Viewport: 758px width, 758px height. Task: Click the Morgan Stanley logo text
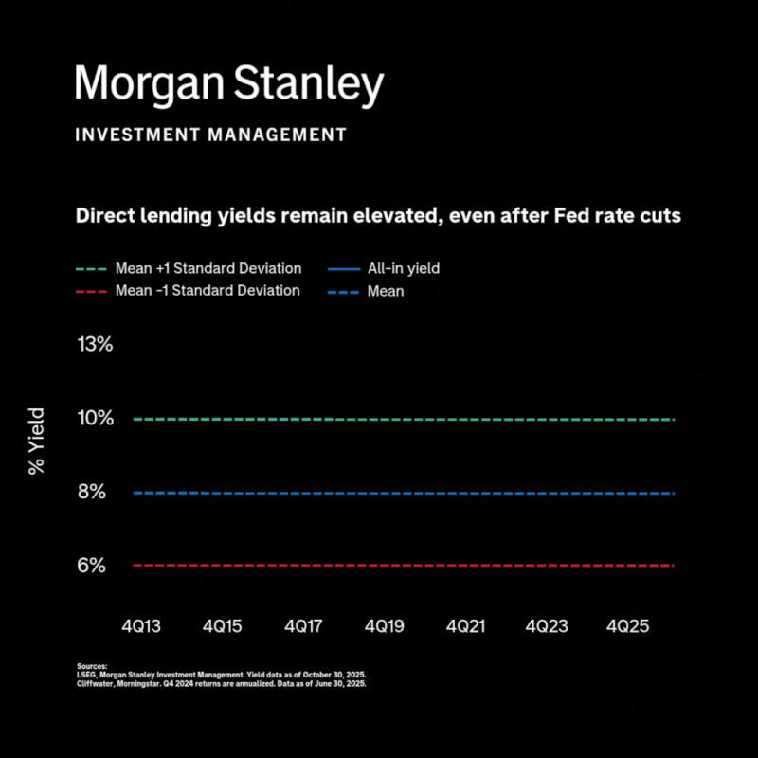point(229,85)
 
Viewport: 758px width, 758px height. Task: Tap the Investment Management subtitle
point(211,135)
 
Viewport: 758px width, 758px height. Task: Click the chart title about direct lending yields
point(378,216)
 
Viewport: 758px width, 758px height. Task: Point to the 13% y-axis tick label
point(95,344)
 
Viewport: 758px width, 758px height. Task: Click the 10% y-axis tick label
point(95,418)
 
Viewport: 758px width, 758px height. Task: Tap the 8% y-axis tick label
point(96,492)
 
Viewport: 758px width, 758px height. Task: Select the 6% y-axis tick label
point(96,566)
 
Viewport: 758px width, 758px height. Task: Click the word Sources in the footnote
point(92,667)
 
